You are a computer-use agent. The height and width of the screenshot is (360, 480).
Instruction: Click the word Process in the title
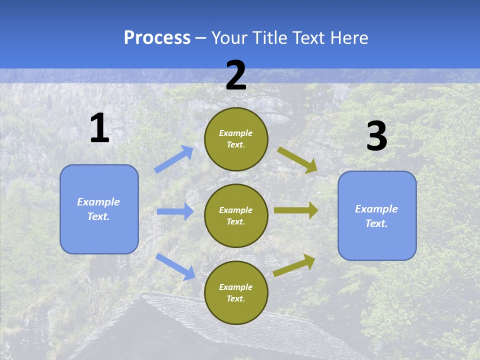tap(157, 38)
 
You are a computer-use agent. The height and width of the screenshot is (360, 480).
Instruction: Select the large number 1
tap(99, 128)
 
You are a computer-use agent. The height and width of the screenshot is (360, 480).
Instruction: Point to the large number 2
tap(236, 75)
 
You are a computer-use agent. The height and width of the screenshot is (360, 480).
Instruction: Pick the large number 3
tap(377, 136)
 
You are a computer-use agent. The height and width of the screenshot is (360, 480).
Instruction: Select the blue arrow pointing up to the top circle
tap(174, 159)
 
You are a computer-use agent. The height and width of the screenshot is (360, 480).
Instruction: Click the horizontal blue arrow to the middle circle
tap(175, 211)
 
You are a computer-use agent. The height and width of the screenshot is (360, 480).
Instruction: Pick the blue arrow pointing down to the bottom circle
tap(175, 266)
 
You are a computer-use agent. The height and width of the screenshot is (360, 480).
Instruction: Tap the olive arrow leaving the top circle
tap(297, 159)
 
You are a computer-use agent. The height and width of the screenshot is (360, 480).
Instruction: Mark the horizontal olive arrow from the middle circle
tap(296, 210)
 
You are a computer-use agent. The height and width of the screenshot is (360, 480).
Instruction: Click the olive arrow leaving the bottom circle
tap(294, 265)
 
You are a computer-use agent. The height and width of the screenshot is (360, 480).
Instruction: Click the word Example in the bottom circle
tap(235, 287)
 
